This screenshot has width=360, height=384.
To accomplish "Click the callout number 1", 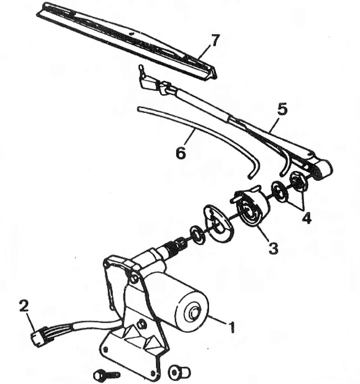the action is pyautogui.click(x=232, y=328).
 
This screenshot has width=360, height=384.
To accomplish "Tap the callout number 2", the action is pyautogui.click(x=24, y=306).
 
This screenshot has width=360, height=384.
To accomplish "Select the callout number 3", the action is pyautogui.click(x=273, y=248).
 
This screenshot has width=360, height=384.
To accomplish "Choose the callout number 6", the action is pyautogui.click(x=180, y=153).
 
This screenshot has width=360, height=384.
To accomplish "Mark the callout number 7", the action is pyautogui.click(x=215, y=40).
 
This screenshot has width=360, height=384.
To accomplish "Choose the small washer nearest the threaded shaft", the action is pyautogui.click(x=198, y=235).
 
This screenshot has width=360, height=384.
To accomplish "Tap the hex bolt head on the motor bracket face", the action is pyautogui.click(x=141, y=325).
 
